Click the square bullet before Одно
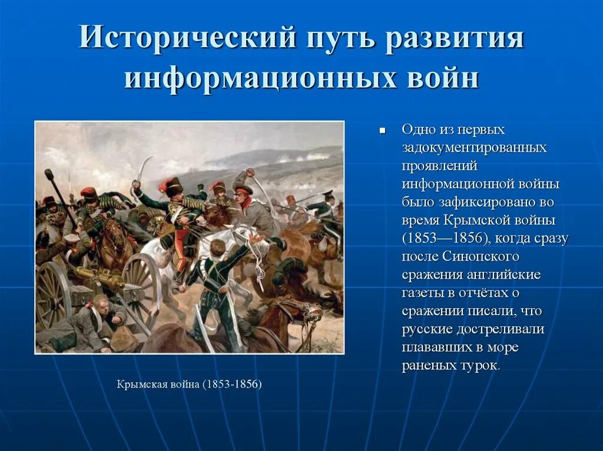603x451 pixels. click(382, 130)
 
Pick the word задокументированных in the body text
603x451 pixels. click(474, 148)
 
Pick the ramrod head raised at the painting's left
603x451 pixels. click(48, 174)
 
